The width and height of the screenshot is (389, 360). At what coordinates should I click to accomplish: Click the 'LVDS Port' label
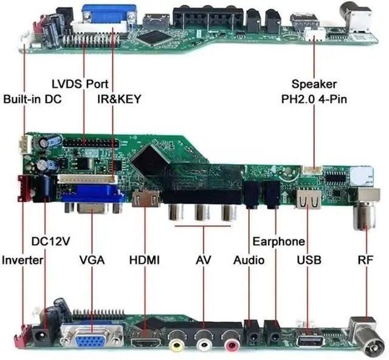(79, 83)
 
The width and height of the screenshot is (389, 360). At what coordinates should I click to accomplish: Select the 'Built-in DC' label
(32, 98)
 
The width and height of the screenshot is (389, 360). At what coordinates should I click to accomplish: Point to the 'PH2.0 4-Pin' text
(314, 98)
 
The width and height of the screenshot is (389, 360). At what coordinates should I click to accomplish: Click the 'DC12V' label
(50, 241)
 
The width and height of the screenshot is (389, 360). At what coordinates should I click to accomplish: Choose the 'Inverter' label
(22, 260)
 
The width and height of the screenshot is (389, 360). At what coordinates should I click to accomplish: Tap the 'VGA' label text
(92, 260)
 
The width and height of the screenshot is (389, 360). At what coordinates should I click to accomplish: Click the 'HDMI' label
(145, 260)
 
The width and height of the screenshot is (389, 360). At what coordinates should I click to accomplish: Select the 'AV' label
(203, 260)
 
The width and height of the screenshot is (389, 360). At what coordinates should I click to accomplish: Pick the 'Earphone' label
(278, 241)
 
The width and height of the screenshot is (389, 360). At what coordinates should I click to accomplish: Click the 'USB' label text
(309, 260)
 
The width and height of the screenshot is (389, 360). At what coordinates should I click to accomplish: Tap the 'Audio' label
(249, 260)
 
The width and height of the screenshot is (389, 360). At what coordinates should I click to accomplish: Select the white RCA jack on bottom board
(204, 344)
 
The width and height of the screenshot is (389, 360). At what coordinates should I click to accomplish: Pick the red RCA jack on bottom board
(231, 344)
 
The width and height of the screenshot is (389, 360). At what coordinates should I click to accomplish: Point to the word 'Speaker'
(314, 84)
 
